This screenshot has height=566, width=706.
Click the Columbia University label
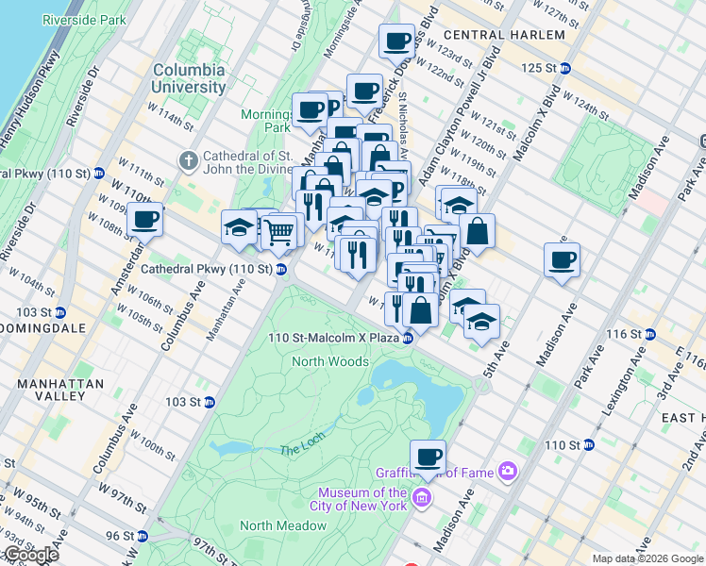coord(189,78)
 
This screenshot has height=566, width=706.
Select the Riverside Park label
coord(83,19)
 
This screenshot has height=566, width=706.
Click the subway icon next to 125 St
coord(564,68)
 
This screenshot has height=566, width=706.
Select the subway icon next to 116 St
coord(649,335)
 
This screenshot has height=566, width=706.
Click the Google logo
coord(31,555)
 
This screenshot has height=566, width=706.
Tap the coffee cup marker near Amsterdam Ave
coord(144,220)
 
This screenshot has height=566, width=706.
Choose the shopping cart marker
coord(277,230)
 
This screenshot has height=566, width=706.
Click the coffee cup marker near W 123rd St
coord(396,41)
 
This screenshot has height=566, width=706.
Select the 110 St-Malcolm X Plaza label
coord(333,338)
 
